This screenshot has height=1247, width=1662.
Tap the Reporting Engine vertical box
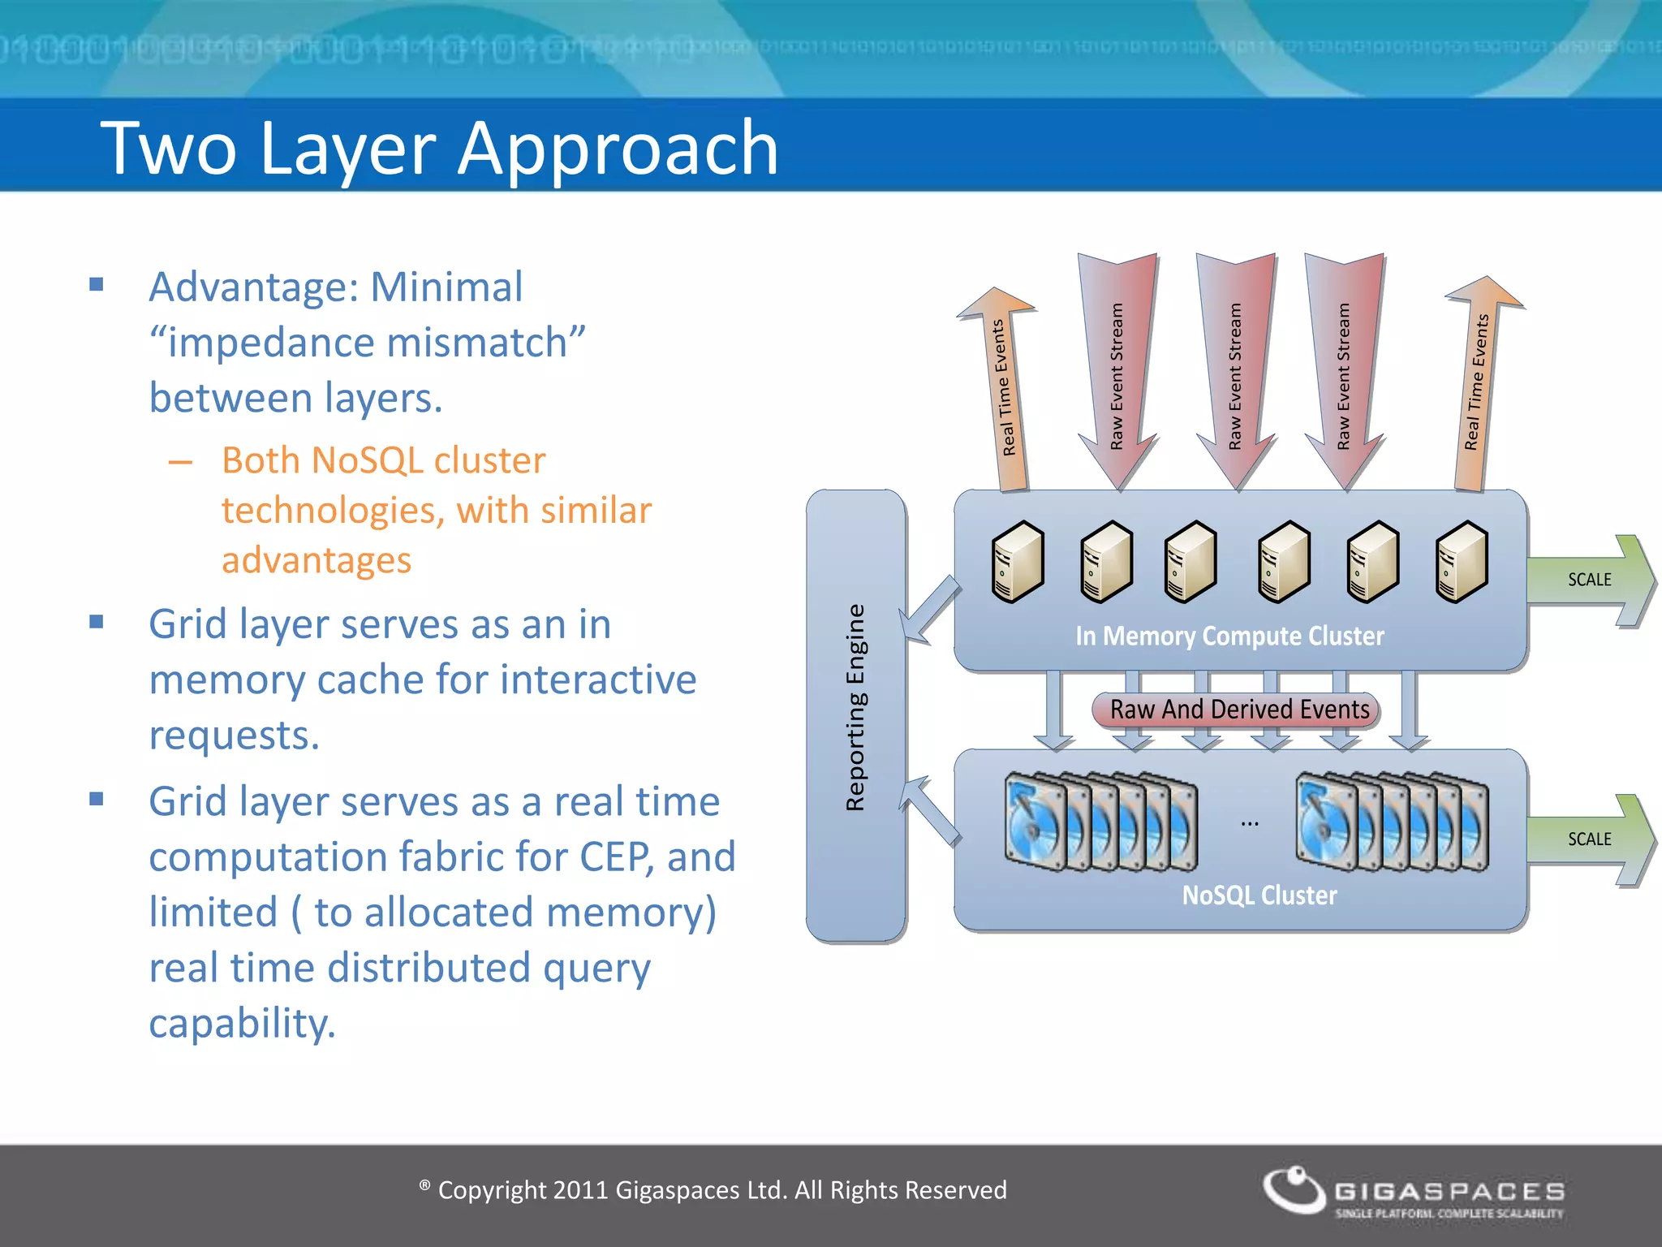click(x=855, y=714)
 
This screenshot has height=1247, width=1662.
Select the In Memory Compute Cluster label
click(x=1229, y=636)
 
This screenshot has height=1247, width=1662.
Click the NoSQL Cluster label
click(x=1259, y=895)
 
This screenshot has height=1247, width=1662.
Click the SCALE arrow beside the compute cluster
click(x=1591, y=580)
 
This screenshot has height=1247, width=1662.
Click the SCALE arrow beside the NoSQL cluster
click(x=1591, y=839)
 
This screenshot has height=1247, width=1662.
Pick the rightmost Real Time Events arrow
click(x=1477, y=382)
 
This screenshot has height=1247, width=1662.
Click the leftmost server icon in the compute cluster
click(x=1018, y=562)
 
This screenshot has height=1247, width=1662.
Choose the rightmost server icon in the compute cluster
click(x=1462, y=562)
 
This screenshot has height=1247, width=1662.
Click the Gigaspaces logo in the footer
click(x=1413, y=1192)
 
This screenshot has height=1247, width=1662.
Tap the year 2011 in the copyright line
click(x=580, y=1190)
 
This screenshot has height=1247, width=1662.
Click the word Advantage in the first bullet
click(x=252, y=287)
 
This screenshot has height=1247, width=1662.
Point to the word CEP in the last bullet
click(x=616, y=857)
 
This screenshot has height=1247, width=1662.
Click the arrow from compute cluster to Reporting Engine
click(x=930, y=611)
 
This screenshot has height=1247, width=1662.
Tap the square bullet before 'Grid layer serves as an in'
click(x=97, y=623)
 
